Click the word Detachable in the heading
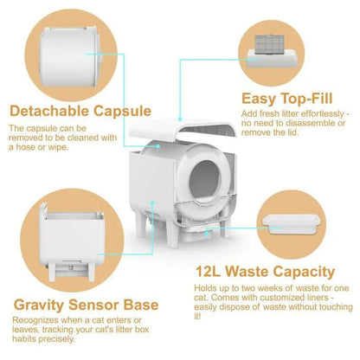pos(49,111)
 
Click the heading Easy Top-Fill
pos(287,99)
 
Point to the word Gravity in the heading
pos(39,305)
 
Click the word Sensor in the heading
pos(93,305)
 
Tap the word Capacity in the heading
pos(304,272)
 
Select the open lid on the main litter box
pos(183,129)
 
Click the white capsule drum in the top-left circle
pos(71,56)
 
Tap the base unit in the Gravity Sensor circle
pos(72,241)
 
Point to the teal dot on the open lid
pos(180,119)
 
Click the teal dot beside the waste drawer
pos(207,233)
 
